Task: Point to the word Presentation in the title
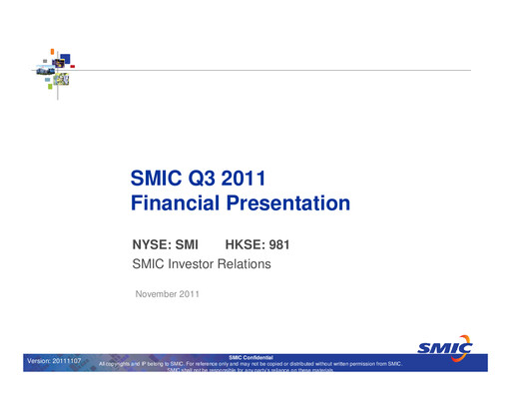(x=291, y=204)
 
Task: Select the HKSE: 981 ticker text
(x=257, y=244)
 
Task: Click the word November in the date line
(x=158, y=292)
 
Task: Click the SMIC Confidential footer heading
(x=255, y=357)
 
